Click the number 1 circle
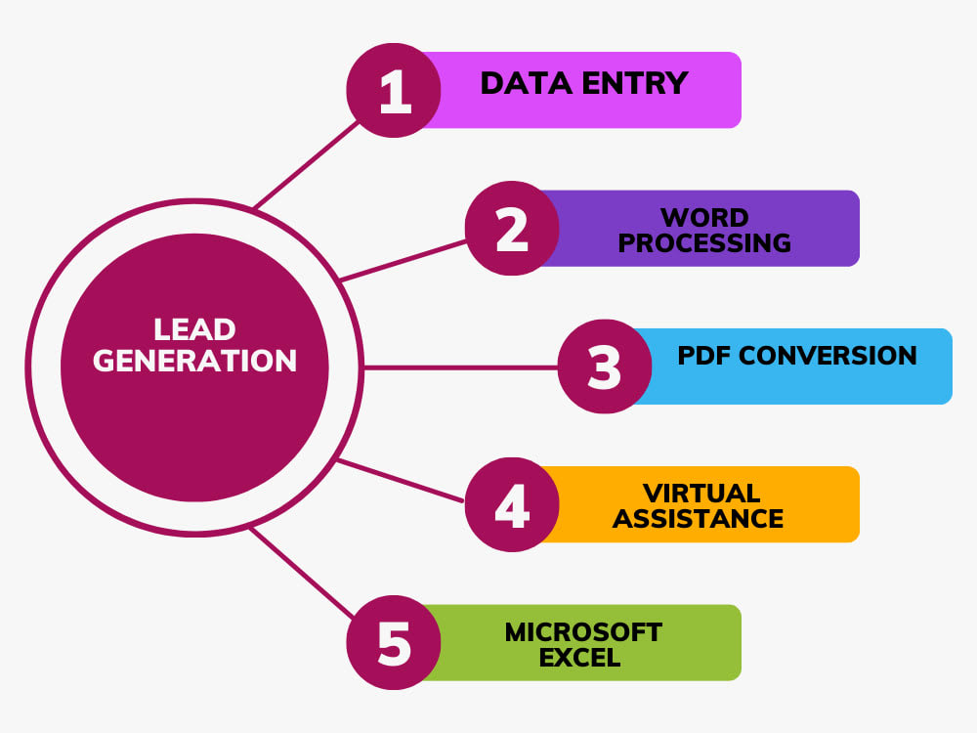pyautogui.click(x=394, y=90)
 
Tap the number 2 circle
pyautogui.click(x=512, y=228)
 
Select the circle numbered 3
pyautogui.click(x=605, y=366)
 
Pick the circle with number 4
pyautogui.click(x=512, y=504)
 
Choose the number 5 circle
pyautogui.click(x=394, y=643)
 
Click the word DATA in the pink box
pyautogui.click(x=527, y=83)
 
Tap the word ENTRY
pyautogui.click(x=635, y=83)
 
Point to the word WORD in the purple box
pyautogui.click(x=704, y=218)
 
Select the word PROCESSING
pyautogui.click(x=704, y=243)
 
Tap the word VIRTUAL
pyautogui.click(x=701, y=494)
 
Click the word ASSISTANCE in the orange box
pyautogui.click(x=699, y=519)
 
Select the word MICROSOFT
pyautogui.click(x=584, y=632)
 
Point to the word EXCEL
pyautogui.click(x=580, y=658)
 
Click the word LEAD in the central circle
pyautogui.click(x=195, y=329)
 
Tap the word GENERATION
pyautogui.click(x=195, y=361)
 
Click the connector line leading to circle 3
pyautogui.click(x=460, y=367)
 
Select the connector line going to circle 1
pyautogui.click(x=307, y=164)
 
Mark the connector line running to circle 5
pyautogui.click(x=302, y=574)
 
